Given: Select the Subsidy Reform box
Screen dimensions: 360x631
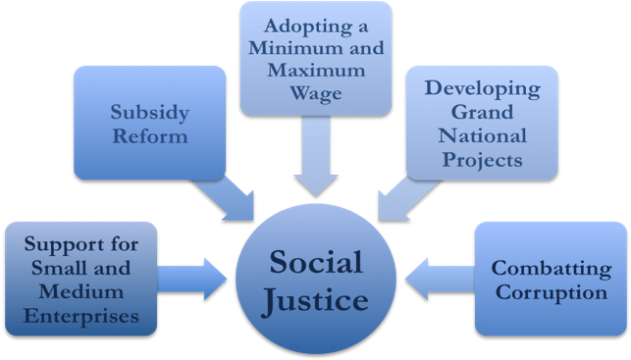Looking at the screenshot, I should (x=150, y=124).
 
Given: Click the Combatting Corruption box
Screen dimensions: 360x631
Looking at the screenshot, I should (x=551, y=280).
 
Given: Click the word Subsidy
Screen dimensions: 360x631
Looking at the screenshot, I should (x=150, y=111).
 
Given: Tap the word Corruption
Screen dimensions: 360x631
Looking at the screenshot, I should (x=551, y=292).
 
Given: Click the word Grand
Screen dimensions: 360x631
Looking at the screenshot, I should (x=482, y=111).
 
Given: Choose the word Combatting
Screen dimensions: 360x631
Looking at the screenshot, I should (x=551, y=267).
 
